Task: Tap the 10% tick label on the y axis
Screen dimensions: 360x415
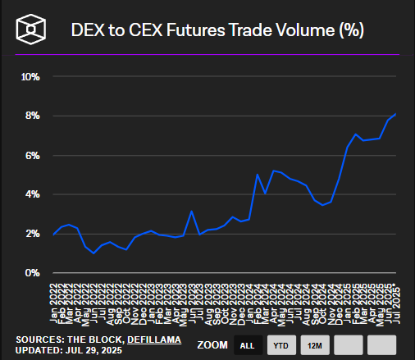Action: click(30, 77)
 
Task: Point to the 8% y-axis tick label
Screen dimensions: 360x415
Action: click(33, 116)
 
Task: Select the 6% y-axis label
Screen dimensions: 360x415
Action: click(33, 155)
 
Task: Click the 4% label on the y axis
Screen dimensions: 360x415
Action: click(33, 194)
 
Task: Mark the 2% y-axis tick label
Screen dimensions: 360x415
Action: click(33, 234)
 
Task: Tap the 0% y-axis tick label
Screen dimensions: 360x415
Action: click(33, 272)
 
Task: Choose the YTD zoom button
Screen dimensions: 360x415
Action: click(280, 346)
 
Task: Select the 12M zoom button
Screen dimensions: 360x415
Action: click(314, 346)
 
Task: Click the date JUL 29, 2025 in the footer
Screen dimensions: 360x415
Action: click(89, 350)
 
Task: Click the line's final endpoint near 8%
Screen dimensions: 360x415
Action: click(396, 114)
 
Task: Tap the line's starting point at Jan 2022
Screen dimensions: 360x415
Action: click(53, 235)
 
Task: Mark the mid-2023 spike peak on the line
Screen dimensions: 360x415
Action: click(191, 212)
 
